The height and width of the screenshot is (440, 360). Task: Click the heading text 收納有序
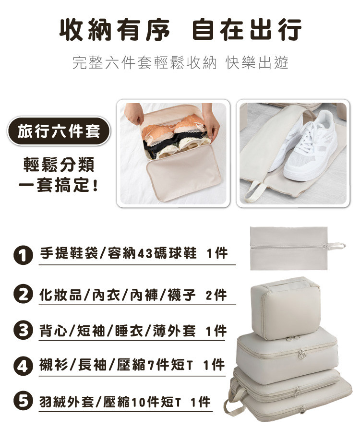point(115,30)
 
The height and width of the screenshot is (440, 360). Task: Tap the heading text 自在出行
point(247,30)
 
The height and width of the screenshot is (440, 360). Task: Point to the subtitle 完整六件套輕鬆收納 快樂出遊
point(180,62)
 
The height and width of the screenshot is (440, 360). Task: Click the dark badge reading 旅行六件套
point(59,131)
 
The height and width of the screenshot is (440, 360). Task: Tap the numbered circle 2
point(23,295)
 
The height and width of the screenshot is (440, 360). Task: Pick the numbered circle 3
point(23,330)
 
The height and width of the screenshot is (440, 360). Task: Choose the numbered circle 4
point(23,366)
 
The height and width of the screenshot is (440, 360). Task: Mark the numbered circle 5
point(23,401)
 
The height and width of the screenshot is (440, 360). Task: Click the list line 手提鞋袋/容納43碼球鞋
point(118,253)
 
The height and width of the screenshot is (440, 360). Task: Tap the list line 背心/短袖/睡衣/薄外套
point(118,331)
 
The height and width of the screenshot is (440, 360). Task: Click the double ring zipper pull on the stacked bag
point(301,354)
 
